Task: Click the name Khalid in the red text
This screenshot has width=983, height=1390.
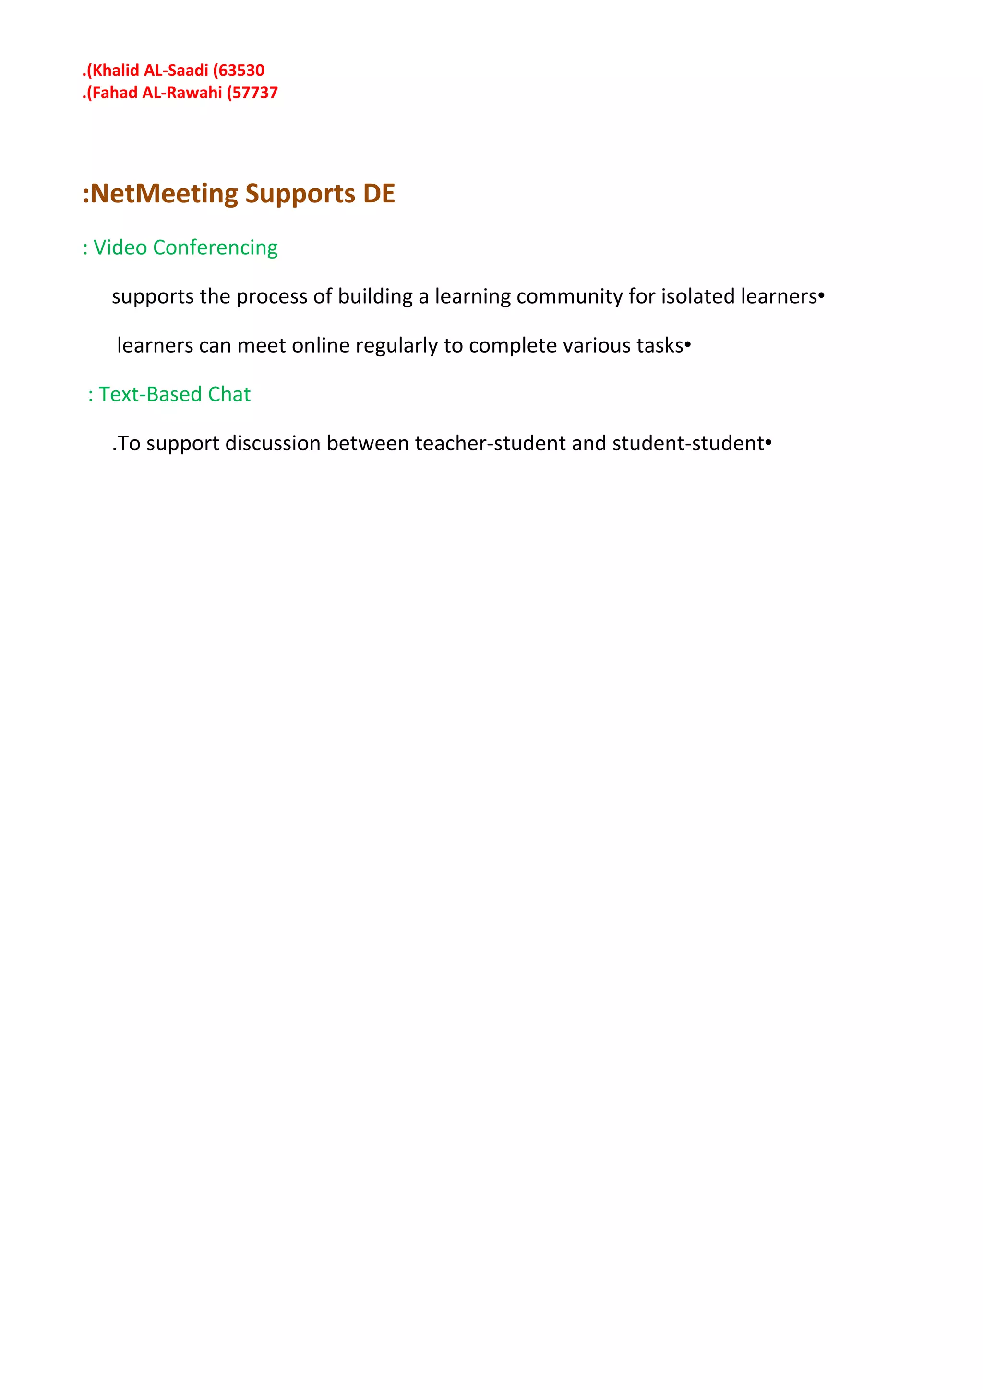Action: click(x=115, y=70)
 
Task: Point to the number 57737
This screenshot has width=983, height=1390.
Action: click(x=255, y=93)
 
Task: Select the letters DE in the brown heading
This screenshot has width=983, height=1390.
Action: click(x=379, y=194)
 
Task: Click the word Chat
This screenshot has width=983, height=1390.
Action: click(x=229, y=395)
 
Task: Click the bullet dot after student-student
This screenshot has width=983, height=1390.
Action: click(x=768, y=443)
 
